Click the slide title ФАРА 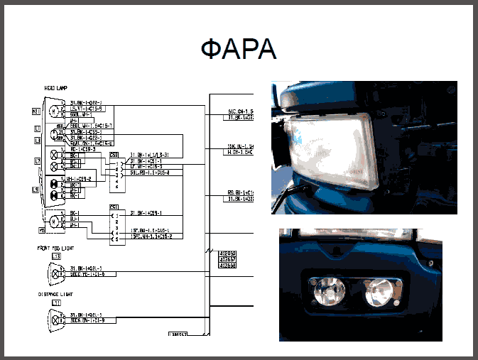tap(239, 50)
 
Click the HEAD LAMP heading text tap(55, 89)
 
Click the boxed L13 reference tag tap(57, 256)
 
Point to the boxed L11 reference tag tap(56, 303)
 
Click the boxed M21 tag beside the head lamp tap(35, 111)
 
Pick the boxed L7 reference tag tap(38, 161)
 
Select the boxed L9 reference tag tap(35, 190)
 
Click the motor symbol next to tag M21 tap(54, 111)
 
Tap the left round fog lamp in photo tap(328, 290)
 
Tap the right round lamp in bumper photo tap(379, 291)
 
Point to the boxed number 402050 tap(227, 253)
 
